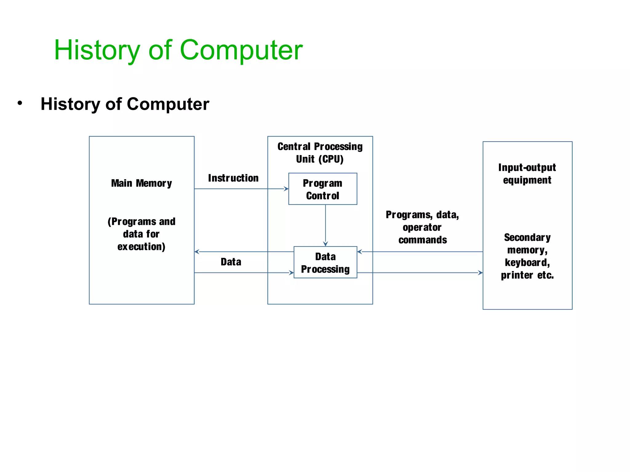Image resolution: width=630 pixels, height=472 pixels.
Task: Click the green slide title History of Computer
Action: point(178,50)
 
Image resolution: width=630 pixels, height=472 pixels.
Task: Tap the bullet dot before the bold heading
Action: point(20,103)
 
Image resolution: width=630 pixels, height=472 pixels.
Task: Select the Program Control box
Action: point(322,189)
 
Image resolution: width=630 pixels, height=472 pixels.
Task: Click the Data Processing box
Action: point(325,262)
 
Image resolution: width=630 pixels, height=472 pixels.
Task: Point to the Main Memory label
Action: point(142,183)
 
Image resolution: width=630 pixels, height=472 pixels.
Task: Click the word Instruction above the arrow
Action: point(233,178)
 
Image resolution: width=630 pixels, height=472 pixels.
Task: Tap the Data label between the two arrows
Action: point(231,262)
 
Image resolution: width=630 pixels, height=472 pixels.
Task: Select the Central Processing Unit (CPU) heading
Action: point(320,153)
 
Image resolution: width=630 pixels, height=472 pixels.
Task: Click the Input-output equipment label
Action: point(527,174)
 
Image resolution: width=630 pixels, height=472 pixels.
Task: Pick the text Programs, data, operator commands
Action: point(422,227)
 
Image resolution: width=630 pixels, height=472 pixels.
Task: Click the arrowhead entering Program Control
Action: point(286,189)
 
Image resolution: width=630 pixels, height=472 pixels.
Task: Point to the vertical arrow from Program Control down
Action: point(325,224)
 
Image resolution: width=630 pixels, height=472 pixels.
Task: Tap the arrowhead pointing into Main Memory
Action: point(197,252)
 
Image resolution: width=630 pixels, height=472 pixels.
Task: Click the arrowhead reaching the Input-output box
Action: point(480,273)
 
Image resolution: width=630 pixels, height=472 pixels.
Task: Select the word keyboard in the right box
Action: point(527,262)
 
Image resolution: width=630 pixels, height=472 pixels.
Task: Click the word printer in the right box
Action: point(517,275)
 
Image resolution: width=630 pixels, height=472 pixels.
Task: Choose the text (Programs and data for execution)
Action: point(142,234)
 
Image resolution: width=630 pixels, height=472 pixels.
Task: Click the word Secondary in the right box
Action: point(527,237)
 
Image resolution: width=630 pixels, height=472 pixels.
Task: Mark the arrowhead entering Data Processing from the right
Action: point(360,252)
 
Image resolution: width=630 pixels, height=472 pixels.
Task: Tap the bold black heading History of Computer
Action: point(125,104)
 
